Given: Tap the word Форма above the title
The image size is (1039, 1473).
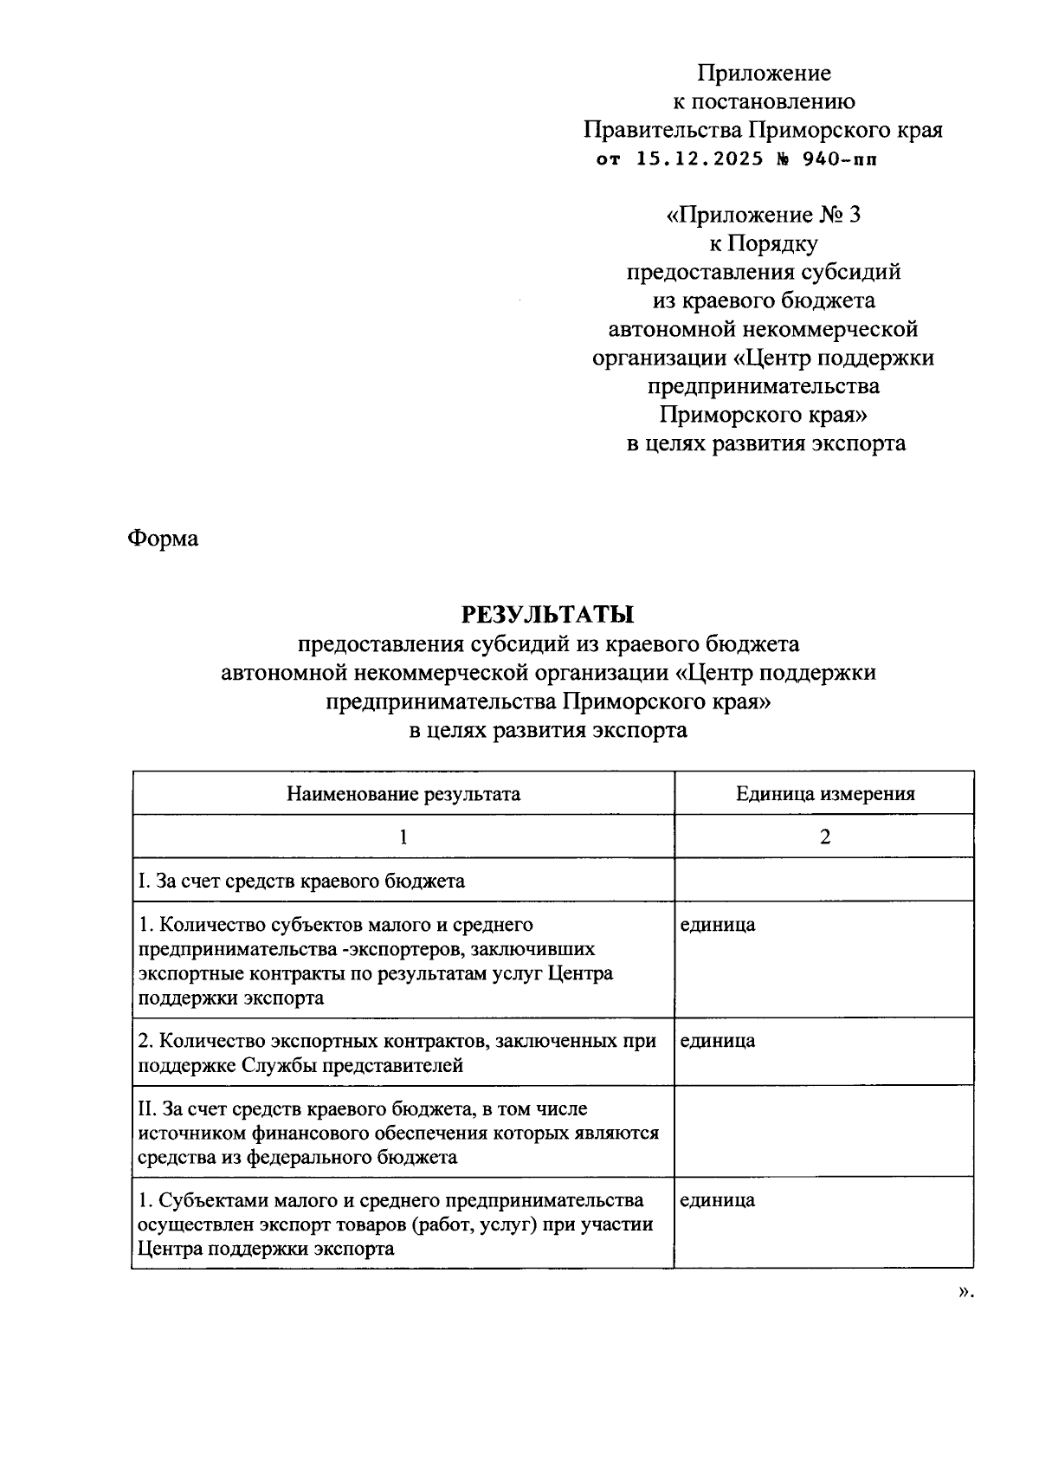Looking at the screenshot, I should click(163, 538).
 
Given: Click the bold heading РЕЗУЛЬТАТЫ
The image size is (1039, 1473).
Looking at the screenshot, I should click(548, 615).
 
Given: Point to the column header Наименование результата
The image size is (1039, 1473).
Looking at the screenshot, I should click(403, 793).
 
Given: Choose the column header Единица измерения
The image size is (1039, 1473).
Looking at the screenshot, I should click(825, 793).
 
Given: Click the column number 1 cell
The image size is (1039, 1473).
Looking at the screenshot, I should click(403, 837).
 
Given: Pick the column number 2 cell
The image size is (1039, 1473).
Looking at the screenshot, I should click(825, 837).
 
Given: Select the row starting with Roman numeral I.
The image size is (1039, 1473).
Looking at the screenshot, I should click(301, 881).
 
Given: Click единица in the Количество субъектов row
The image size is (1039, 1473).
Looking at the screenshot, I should click(717, 924).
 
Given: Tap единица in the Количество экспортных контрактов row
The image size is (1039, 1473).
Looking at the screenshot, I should click(717, 1040).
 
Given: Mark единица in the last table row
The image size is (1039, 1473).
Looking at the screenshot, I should click(717, 1199).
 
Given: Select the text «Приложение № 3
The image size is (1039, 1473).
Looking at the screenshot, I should click(764, 215).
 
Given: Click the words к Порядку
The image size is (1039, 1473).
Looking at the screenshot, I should click(764, 243).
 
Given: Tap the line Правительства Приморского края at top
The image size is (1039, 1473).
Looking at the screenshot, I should click(764, 130).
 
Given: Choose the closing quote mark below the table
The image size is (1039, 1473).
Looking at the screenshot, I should click(965, 1291).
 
